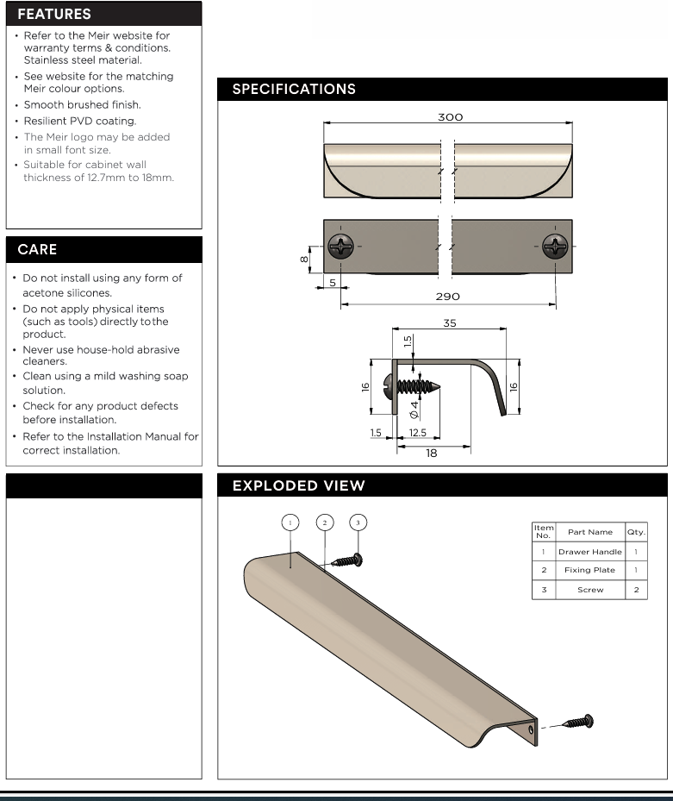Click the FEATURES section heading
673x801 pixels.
click(54, 15)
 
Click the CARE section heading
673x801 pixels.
click(37, 250)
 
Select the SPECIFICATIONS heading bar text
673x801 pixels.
click(294, 90)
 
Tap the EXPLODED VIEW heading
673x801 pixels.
click(298, 486)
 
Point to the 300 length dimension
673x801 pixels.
click(450, 116)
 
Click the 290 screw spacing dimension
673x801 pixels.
click(447, 296)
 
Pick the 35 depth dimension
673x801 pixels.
click(450, 324)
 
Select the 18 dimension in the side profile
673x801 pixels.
click(432, 453)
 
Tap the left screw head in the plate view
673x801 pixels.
click(343, 247)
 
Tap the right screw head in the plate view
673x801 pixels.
click(556, 247)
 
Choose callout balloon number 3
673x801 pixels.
click(359, 523)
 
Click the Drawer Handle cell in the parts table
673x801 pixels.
click(589, 552)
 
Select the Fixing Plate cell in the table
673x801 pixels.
click(589, 571)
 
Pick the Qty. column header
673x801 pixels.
click(636, 532)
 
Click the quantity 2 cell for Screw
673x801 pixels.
click(636, 590)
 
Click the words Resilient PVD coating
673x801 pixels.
click(81, 121)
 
